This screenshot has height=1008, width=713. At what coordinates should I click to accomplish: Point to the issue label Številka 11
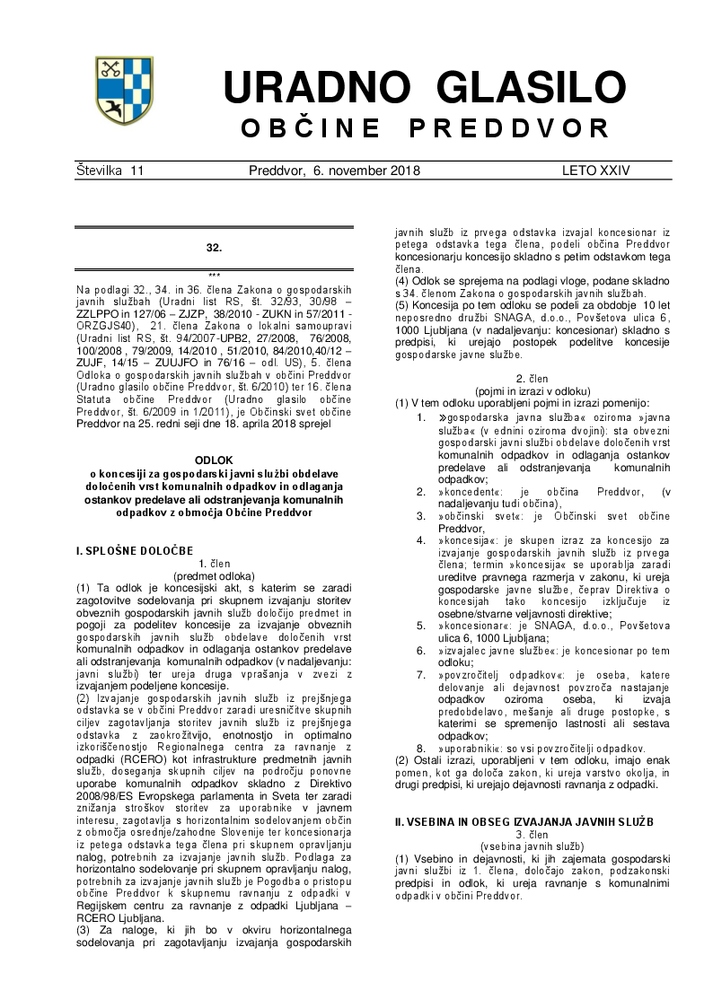110,171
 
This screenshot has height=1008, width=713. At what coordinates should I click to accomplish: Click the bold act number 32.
214,247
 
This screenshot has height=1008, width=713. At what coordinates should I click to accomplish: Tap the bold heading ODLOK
214,460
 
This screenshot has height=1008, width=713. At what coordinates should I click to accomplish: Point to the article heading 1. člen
214,563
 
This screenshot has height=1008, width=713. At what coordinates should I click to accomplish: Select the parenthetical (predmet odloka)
214,575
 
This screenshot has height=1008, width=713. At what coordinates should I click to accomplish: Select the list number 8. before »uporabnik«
420,748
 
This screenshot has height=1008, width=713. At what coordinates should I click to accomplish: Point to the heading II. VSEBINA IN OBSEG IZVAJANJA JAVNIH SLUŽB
524,821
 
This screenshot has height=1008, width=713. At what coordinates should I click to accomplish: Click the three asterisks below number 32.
214,275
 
